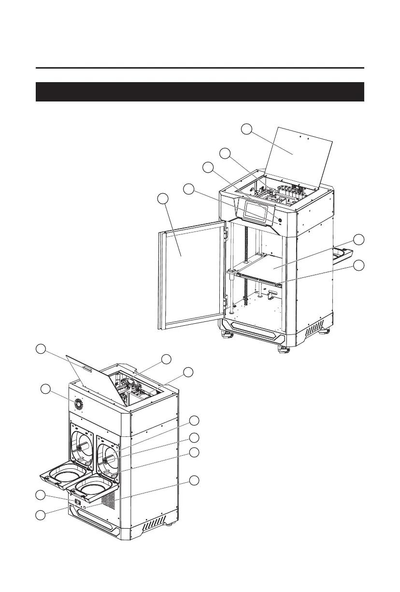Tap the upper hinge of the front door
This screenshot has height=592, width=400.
point(225,232)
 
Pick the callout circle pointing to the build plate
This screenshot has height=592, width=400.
point(358,239)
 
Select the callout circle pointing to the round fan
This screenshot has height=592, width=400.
point(45,389)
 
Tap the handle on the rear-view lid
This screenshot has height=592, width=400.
point(86,369)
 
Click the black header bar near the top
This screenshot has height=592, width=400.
point(200,92)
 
